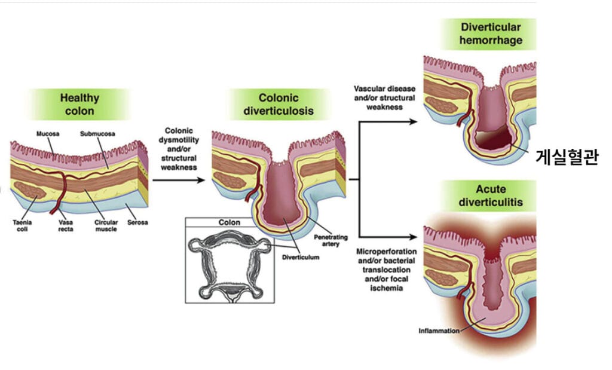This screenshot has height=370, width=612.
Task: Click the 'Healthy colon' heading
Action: (79, 104)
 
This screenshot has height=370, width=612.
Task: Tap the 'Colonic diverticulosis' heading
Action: (278, 105)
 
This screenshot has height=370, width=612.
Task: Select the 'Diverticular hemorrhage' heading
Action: (491, 34)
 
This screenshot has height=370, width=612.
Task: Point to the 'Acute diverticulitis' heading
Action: (491, 195)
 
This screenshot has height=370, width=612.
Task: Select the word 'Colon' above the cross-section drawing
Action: (229, 223)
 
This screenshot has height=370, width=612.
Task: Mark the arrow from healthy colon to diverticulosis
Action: (179, 178)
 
